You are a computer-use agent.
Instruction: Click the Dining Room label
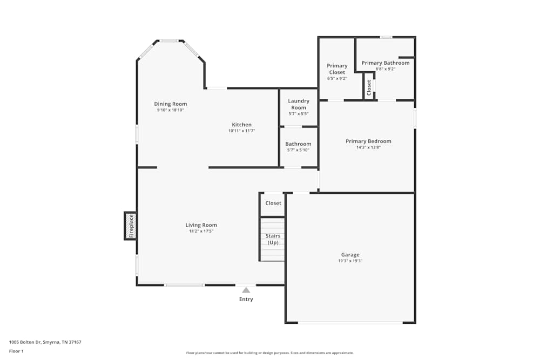point(171,104)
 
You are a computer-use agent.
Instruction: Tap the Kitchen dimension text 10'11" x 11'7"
point(241,131)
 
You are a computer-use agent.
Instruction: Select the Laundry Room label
point(299,104)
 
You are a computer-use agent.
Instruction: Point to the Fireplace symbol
point(130,226)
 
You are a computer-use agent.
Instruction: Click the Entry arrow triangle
point(246,290)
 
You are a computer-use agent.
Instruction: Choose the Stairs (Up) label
point(273,239)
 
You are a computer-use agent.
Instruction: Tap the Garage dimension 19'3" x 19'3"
point(350,261)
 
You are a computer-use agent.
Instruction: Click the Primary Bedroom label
point(368,141)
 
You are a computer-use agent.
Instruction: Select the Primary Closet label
point(337,69)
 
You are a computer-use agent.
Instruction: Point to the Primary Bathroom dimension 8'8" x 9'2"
point(386,69)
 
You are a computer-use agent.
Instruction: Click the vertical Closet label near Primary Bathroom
point(369,87)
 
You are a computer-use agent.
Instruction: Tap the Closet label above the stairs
point(273,203)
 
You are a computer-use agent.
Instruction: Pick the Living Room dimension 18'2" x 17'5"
point(201,231)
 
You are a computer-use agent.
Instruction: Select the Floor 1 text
point(16,351)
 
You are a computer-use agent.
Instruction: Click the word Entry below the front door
point(246,299)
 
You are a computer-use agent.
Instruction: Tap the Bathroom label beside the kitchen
point(298,144)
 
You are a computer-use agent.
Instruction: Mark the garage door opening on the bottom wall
point(350,323)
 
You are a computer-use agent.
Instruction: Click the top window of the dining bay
point(169,40)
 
